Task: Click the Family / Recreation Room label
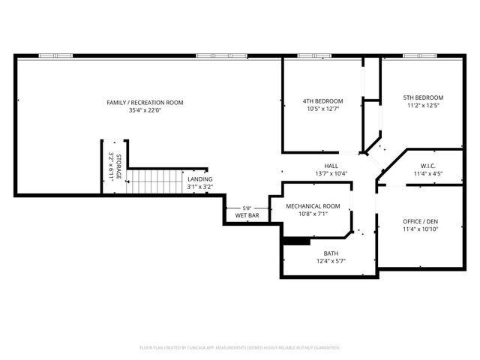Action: (145, 103)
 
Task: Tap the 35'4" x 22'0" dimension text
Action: (145, 111)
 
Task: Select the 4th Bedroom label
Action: (322, 101)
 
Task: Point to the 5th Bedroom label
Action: (423, 97)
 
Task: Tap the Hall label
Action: (331, 166)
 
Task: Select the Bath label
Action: (331, 253)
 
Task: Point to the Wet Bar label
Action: (247, 216)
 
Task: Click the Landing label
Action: (199, 179)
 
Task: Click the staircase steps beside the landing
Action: (154, 181)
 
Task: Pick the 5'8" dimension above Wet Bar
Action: (247, 208)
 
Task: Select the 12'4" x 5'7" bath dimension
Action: (331, 261)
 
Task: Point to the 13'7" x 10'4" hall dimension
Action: (331, 173)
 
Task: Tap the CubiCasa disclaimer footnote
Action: (240, 348)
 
